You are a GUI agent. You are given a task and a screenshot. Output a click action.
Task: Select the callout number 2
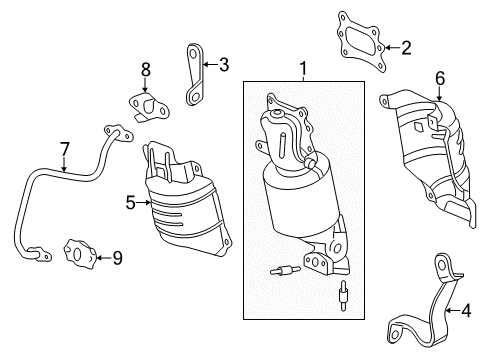point(406,46)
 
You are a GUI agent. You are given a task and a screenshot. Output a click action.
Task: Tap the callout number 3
point(223,66)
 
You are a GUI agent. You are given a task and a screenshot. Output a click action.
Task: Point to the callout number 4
point(465,311)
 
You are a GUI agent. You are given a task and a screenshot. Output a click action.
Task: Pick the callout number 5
point(130,201)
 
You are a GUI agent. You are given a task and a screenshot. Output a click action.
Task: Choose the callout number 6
point(439,77)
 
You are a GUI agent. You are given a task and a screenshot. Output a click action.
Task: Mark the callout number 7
point(65,150)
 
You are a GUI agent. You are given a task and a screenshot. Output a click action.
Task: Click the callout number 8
point(145,69)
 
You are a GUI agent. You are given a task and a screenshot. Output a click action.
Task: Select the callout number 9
point(116,258)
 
